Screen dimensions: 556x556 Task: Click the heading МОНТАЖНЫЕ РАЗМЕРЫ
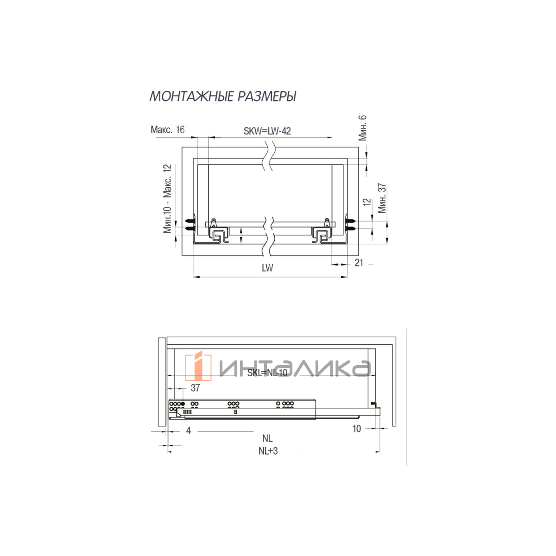click(x=223, y=96)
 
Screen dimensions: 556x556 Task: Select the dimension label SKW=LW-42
click(x=267, y=131)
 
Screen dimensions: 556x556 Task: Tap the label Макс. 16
click(x=167, y=130)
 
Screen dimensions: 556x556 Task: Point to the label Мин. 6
click(x=362, y=127)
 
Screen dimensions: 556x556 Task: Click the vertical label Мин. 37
click(x=382, y=198)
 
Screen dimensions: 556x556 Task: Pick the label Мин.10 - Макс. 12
click(x=167, y=198)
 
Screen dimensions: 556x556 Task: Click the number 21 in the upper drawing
click(x=359, y=263)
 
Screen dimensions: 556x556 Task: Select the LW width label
click(x=267, y=268)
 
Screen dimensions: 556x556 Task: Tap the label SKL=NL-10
click(x=267, y=373)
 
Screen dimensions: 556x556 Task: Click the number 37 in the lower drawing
click(x=196, y=388)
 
